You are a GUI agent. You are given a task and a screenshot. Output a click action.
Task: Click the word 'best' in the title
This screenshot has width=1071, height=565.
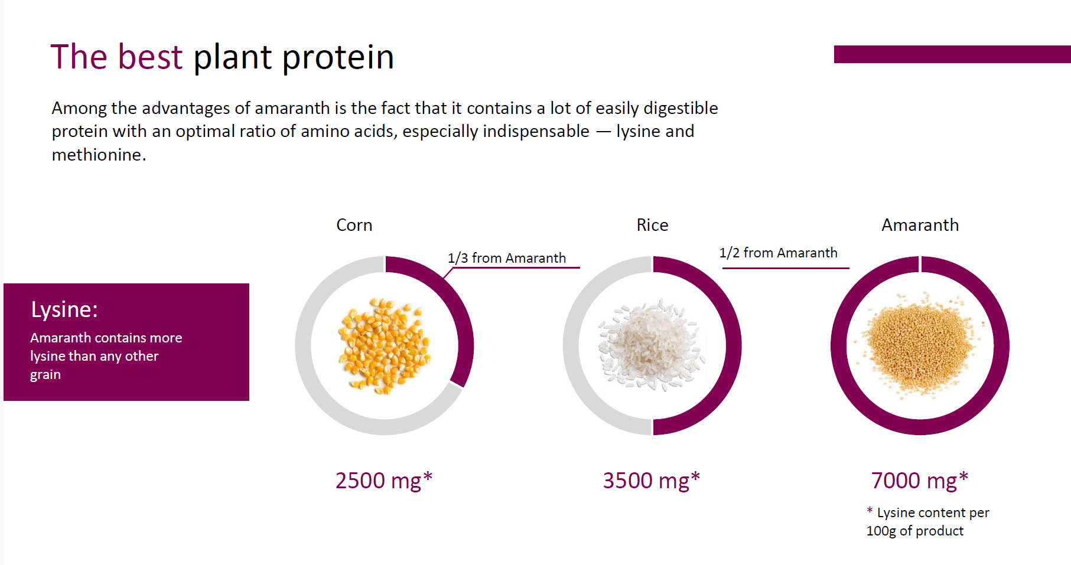pos(150,57)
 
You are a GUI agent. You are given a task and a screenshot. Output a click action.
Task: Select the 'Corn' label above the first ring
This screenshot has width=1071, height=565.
pos(354,225)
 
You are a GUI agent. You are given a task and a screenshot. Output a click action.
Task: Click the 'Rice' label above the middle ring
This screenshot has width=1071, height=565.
pos(652,225)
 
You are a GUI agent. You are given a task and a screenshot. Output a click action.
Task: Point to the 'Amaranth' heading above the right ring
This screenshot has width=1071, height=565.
pos(920,225)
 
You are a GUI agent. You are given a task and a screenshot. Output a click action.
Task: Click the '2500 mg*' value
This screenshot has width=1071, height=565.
pos(384,481)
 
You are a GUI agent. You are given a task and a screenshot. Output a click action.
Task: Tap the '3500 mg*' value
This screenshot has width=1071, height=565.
pos(651,481)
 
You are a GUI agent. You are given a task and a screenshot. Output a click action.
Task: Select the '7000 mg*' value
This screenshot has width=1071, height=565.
pos(920,481)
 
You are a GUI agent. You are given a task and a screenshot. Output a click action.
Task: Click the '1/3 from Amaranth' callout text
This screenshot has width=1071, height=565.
pos(507,258)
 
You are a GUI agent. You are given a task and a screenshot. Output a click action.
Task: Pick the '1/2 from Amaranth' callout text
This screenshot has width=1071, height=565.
pos(778,253)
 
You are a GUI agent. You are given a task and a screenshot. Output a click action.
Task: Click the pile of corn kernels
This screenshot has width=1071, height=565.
pos(384,346)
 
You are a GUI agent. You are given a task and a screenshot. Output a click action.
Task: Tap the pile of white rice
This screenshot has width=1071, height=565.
pos(652,346)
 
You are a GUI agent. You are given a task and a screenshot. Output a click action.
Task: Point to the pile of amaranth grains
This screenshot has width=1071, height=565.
pos(920,346)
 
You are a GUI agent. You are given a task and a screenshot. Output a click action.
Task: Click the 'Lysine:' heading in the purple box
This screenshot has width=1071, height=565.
pos(64,310)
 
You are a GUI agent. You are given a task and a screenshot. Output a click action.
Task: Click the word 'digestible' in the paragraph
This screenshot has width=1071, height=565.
pos(681,109)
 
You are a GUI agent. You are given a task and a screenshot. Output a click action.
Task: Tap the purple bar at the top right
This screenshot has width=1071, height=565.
pos(952,54)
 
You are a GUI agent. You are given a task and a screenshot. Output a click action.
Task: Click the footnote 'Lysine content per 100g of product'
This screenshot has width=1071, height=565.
pos(927,521)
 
